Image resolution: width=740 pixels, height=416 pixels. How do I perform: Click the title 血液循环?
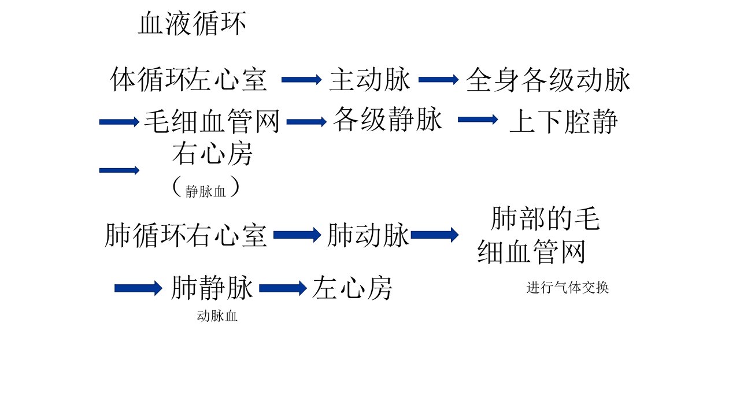tap(192, 23)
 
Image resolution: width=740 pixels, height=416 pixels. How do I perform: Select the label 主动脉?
tap(369, 80)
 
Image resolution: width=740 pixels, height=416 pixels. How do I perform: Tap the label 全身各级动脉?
tap(547, 80)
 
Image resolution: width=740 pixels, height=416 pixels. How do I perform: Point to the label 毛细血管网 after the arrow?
tap(212, 121)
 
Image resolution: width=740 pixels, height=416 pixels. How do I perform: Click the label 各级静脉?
tap(387, 119)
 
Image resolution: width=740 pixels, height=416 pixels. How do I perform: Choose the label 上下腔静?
tap(564, 121)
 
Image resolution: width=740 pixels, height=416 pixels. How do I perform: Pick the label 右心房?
tap(212, 154)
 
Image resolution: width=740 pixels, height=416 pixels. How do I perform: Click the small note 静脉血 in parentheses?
tap(205, 191)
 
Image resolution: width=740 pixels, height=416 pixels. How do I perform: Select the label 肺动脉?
tap(368, 235)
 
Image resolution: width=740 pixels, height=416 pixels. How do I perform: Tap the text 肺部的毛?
tap(545, 218)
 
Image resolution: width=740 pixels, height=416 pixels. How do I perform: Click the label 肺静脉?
tap(212, 288)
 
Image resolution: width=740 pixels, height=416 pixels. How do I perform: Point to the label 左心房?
tap(352, 288)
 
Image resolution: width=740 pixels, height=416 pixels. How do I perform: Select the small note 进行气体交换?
tap(568, 288)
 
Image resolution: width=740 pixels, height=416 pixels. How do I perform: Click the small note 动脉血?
tap(217, 316)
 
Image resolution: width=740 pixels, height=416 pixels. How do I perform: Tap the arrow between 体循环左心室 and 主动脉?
tap(301, 80)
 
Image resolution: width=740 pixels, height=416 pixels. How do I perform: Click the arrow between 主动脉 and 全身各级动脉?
tap(438, 80)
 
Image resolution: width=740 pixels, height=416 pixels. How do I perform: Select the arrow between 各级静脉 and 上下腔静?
tap(478, 119)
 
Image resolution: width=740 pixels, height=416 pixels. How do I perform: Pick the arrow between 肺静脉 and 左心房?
tap(283, 288)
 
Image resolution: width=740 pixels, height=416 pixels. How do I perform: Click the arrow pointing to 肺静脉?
tap(138, 288)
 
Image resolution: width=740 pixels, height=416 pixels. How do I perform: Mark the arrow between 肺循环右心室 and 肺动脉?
tap(297, 235)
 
